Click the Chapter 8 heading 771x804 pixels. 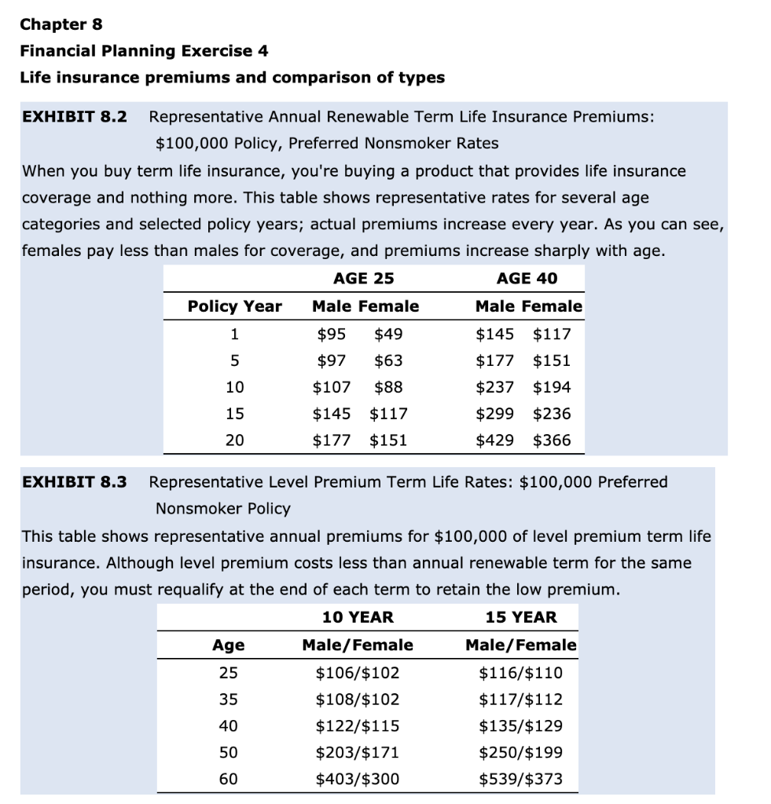click(61, 24)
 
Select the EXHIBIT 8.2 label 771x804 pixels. click(74, 117)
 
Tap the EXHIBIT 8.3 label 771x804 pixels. click(74, 481)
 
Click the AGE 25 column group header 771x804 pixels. click(364, 278)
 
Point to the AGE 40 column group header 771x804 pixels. click(527, 278)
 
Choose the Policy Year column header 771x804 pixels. click(234, 306)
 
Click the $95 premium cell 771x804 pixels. click(331, 334)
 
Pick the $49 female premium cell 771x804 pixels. click(388, 334)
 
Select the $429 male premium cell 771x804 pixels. click(495, 440)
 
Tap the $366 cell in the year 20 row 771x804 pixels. click(552, 440)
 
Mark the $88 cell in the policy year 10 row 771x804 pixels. click(388, 387)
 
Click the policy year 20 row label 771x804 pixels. click(234, 440)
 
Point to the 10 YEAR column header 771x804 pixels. click(358, 617)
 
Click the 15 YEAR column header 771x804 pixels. click(520, 617)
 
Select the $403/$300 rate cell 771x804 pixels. click(358, 779)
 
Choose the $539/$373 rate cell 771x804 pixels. click(520, 779)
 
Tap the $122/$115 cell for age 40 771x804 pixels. click(358, 725)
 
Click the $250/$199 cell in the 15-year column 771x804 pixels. click(520, 752)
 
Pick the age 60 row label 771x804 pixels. click(228, 779)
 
